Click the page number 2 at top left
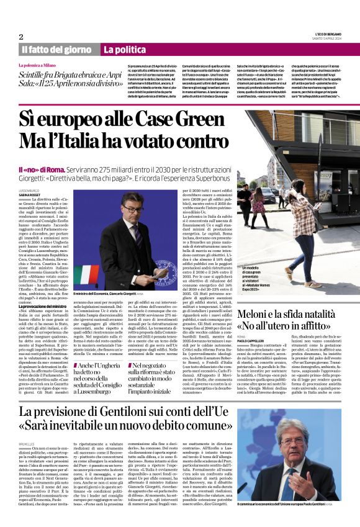(x=21, y=37)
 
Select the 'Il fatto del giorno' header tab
(x=57, y=49)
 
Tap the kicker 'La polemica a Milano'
(x=41, y=65)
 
